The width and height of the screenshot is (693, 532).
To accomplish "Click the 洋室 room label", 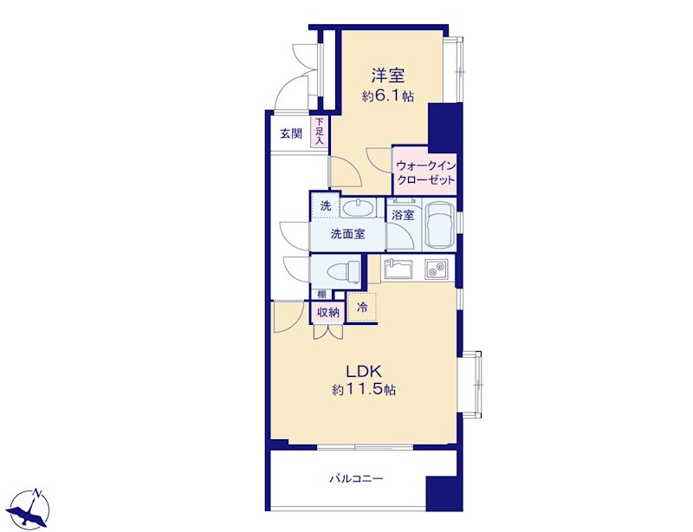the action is click(388, 75).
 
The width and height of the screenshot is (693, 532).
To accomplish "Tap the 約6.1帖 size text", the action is click(388, 96).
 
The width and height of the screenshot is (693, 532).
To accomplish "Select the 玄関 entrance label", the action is click(292, 133).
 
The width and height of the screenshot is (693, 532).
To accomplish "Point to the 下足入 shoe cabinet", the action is click(320, 132).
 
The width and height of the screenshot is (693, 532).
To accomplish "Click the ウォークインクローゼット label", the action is click(425, 173).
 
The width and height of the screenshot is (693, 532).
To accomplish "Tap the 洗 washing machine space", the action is click(326, 205).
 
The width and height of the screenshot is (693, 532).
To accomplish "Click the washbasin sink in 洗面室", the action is click(358, 208).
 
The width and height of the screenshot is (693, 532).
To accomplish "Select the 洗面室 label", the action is click(348, 234).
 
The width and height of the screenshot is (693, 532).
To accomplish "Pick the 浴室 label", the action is click(403, 216).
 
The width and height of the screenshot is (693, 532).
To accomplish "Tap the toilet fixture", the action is click(343, 270).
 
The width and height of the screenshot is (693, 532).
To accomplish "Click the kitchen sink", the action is click(398, 269).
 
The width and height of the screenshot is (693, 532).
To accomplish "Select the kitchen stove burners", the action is click(437, 269).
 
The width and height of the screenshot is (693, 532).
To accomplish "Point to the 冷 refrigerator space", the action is click(362, 308).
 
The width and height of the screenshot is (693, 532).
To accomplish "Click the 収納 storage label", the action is click(329, 313).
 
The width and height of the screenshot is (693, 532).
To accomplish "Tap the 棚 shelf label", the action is click(321, 294).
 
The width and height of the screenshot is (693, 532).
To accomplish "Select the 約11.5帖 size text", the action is click(364, 390).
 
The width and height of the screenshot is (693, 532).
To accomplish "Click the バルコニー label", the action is click(356, 478).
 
